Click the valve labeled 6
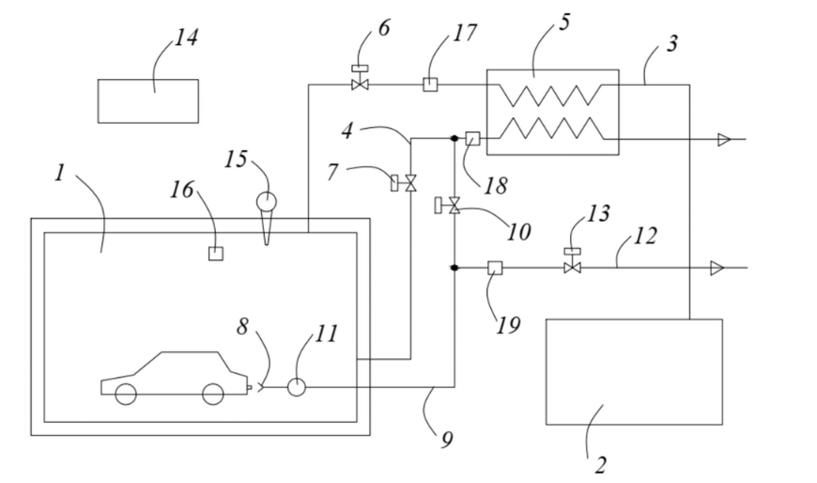coord(359,86)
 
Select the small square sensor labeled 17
coord(429,86)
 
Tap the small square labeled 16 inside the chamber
coord(215,253)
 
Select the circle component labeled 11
coord(297,386)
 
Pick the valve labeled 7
coord(409,184)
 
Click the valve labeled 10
coord(455,206)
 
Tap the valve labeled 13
coord(569,268)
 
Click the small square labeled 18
coord(472,138)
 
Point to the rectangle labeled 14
coord(148,101)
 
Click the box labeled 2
coord(634,371)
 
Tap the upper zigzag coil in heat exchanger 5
coord(553,95)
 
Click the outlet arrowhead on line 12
coord(720,268)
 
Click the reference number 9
coord(446,439)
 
